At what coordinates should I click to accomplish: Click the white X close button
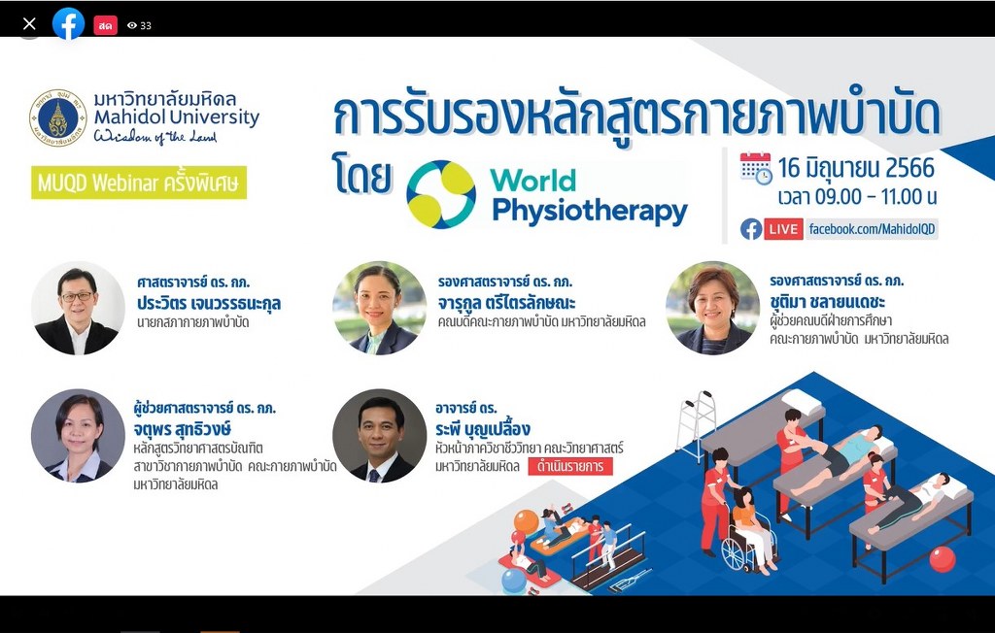(29, 24)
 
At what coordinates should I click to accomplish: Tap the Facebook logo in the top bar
(68, 24)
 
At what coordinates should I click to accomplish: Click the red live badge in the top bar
(105, 25)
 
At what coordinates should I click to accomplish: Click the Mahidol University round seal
(57, 118)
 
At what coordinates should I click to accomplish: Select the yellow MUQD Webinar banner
(139, 183)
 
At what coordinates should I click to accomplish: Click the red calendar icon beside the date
(755, 169)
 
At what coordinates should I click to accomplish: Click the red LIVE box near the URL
(784, 229)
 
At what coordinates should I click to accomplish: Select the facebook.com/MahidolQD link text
(872, 229)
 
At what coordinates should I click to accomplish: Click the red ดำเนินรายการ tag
(570, 466)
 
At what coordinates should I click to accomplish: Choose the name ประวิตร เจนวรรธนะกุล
(209, 304)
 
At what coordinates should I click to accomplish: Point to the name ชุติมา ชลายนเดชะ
(828, 302)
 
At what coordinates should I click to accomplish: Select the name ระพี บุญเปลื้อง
(483, 429)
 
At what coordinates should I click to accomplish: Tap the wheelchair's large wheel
(735, 553)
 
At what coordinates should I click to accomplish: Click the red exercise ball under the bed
(943, 559)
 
